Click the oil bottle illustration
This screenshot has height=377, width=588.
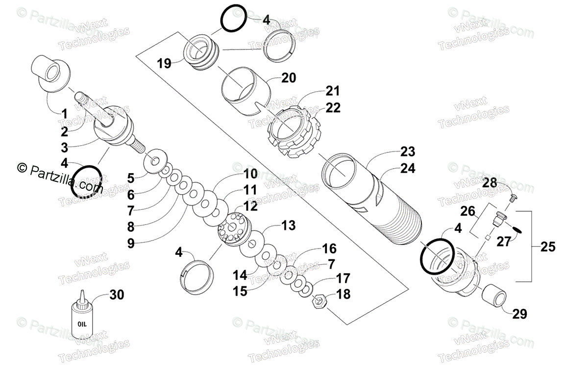82,318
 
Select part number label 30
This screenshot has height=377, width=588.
117,295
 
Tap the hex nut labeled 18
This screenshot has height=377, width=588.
318,300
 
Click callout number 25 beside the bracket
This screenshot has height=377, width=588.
548,247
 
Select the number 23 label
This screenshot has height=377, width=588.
407,151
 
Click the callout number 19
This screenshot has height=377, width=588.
164,63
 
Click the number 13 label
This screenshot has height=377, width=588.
289,226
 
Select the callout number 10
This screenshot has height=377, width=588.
250,174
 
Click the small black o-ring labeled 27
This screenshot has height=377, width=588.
518,227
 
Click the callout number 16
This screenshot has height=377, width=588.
329,249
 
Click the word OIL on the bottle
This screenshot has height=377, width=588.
81,324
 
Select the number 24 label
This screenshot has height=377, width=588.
407,169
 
